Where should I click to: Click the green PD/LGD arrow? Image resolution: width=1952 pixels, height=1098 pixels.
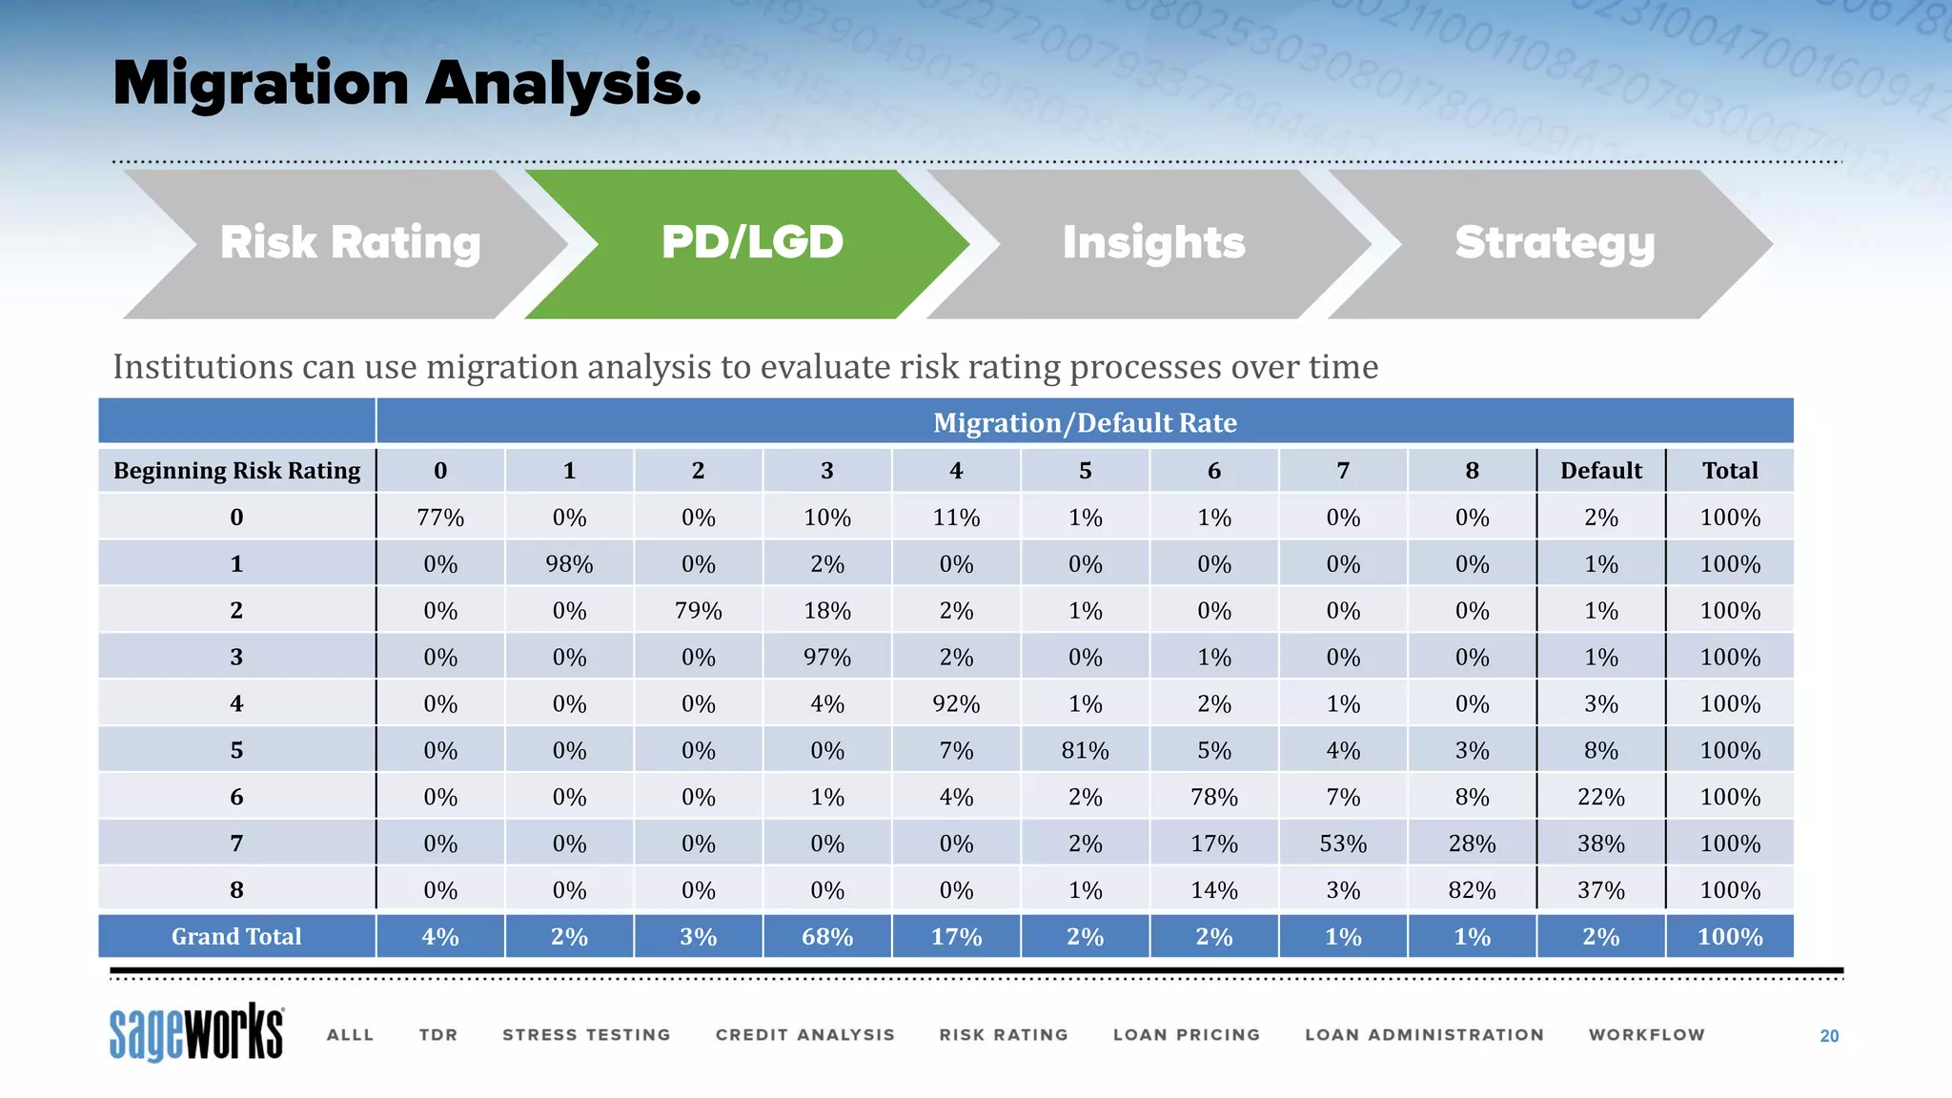[x=752, y=243]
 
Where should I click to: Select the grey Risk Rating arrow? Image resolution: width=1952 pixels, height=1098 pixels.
[x=350, y=243]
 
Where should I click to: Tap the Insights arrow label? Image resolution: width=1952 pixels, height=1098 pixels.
[x=1153, y=243]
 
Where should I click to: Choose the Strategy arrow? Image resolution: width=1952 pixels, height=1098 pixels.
[x=1555, y=243]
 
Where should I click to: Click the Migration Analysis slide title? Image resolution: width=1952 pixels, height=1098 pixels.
[x=407, y=84]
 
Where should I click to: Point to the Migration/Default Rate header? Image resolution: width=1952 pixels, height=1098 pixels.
[x=1085, y=422]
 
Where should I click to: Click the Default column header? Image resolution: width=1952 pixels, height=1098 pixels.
[x=1600, y=471]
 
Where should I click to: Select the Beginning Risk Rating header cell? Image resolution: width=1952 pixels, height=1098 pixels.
[x=236, y=471]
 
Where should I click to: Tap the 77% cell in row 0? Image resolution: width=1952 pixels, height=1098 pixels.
[x=440, y=518]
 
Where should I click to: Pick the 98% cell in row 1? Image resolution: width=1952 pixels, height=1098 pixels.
[x=569, y=564]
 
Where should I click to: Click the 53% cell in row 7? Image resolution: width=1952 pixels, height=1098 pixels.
[x=1343, y=844]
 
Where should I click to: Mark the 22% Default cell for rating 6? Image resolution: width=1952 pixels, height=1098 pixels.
[x=1600, y=797]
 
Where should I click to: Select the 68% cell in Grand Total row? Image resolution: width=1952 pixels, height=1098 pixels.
[x=826, y=937]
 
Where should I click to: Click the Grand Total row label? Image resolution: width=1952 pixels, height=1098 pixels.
[x=236, y=937]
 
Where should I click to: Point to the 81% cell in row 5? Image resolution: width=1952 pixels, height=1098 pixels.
[x=1085, y=751]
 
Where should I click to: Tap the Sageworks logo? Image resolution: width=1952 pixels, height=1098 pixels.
[x=196, y=1032]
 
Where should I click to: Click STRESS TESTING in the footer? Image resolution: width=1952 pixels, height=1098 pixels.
[x=586, y=1035]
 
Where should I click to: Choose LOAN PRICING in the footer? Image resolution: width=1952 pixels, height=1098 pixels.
[x=1187, y=1035]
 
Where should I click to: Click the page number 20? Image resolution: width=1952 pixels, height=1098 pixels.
[x=1828, y=1036]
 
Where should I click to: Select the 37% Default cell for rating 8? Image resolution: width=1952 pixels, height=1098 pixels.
[x=1600, y=890]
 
